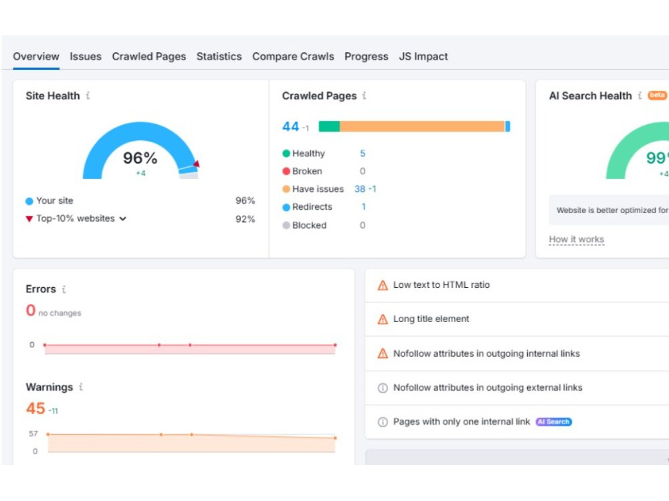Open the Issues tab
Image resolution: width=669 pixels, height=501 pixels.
coord(86,56)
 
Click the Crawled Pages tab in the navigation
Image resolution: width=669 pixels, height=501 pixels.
coord(149,57)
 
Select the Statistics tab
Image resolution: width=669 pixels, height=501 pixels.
coord(219,56)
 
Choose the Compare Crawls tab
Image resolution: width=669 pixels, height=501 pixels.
coord(293,57)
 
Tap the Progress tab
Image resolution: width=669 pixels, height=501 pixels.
coord(367,57)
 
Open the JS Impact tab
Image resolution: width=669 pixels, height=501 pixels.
coord(423,57)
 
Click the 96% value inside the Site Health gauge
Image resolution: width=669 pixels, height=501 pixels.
coord(140,158)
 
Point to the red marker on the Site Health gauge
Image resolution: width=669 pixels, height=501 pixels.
coord(197,164)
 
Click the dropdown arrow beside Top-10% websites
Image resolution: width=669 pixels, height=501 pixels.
coord(123,219)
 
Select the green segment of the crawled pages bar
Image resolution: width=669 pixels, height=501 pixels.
coord(329,126)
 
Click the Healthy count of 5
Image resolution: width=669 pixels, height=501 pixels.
coord(363,154)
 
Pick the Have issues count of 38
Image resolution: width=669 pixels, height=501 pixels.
coord(360,189)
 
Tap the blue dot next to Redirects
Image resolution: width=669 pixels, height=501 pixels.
coord(286,208)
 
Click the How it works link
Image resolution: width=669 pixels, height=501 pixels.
coord(577,239)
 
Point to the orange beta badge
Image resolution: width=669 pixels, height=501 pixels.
coord(657,95)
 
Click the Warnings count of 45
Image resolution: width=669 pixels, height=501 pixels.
coord(35,408)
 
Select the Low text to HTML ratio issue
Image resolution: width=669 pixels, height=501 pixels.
coord(441,285)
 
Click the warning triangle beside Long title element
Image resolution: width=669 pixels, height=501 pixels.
coord(383,319)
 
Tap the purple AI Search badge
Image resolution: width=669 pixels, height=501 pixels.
coord(553,422)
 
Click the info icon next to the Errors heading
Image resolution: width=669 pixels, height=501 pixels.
coord(64,289)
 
